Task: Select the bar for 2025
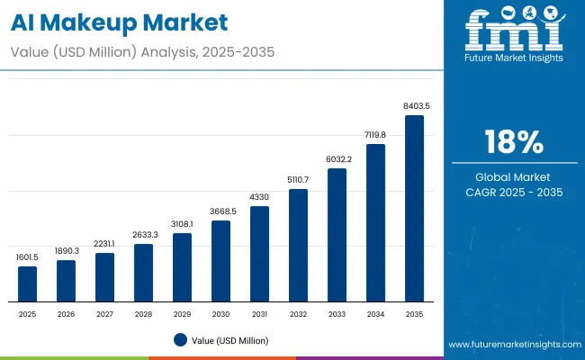tap(28, 283)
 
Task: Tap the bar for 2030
tap(220, 261)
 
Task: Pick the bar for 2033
tap(337, 235)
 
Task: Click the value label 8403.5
tap(415, 106)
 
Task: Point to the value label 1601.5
tap(28, 257)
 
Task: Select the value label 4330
tap(259, 197)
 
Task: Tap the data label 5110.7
tap(298, 180)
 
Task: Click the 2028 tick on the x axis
tap(143, 314)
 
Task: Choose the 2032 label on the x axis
tap(298, 314)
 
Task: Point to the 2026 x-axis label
tap(66, 314)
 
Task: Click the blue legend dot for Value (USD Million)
tap(180, 339)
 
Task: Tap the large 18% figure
tap(514, 142)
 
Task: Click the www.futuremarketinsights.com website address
tap(514, 345)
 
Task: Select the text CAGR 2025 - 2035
tap(514, 193)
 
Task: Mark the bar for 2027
tap(104, 277)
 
